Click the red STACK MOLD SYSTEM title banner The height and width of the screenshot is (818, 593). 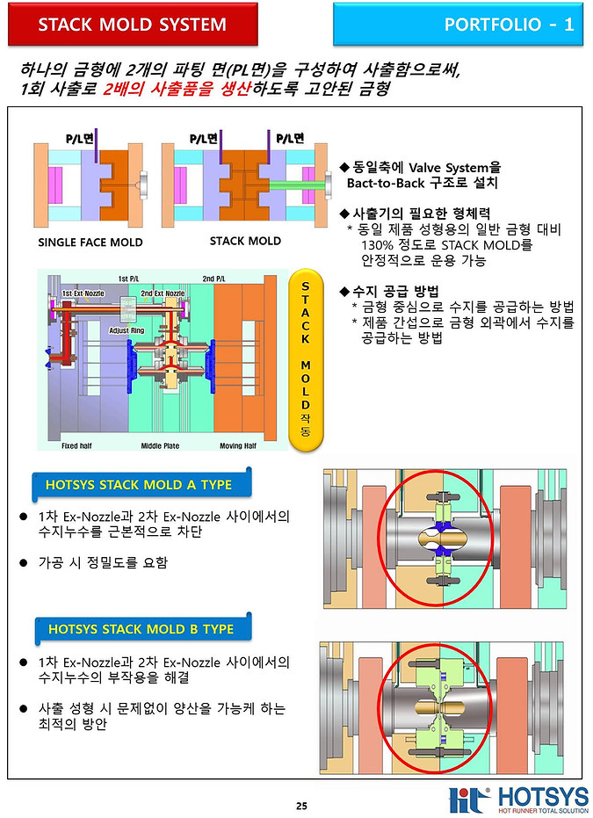coord(133,25)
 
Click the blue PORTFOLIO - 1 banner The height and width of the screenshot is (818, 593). coord(462,25)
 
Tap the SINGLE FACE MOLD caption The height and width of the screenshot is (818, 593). coord(90,243)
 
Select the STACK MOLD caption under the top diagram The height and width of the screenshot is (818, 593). coord(245,241)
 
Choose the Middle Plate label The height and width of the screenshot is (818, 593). coord(160,446)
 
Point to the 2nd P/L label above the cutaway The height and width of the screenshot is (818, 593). coord(213,279)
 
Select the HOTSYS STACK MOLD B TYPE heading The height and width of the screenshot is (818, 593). coord(141,629)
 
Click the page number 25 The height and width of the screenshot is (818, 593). coord(301,806)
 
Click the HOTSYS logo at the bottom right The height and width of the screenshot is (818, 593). coord(518,800)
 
